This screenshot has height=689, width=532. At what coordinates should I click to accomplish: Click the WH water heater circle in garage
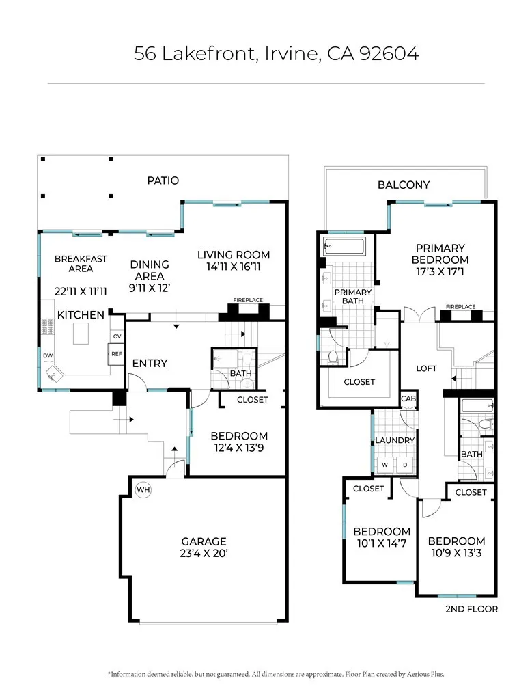143,489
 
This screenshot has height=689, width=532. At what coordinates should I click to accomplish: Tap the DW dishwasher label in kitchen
48,355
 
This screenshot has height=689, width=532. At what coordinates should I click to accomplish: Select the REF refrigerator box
117,354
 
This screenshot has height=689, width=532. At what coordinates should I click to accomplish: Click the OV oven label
117,336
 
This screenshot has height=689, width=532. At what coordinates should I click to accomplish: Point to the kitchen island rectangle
81,334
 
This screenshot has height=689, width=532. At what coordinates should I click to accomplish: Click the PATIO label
163,180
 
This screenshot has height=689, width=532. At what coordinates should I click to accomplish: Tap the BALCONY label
404,185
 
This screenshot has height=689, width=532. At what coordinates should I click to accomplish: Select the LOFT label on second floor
426,368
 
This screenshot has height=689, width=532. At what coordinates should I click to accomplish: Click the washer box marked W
385,465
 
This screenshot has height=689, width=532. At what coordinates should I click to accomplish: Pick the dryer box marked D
405,465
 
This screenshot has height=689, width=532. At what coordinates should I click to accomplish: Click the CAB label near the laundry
408,398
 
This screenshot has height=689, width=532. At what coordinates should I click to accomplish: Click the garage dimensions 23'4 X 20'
204,553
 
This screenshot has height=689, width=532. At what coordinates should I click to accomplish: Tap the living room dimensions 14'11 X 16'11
234,267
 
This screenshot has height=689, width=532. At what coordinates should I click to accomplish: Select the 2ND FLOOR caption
471,609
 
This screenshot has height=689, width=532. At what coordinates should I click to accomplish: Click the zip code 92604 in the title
389,53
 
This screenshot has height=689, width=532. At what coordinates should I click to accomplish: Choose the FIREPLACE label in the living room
248,300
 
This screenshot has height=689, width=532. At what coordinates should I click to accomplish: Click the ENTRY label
150,363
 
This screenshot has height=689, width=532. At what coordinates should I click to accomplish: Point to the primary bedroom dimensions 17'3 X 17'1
440,271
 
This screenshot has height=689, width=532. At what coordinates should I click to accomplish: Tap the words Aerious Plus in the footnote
425,674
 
